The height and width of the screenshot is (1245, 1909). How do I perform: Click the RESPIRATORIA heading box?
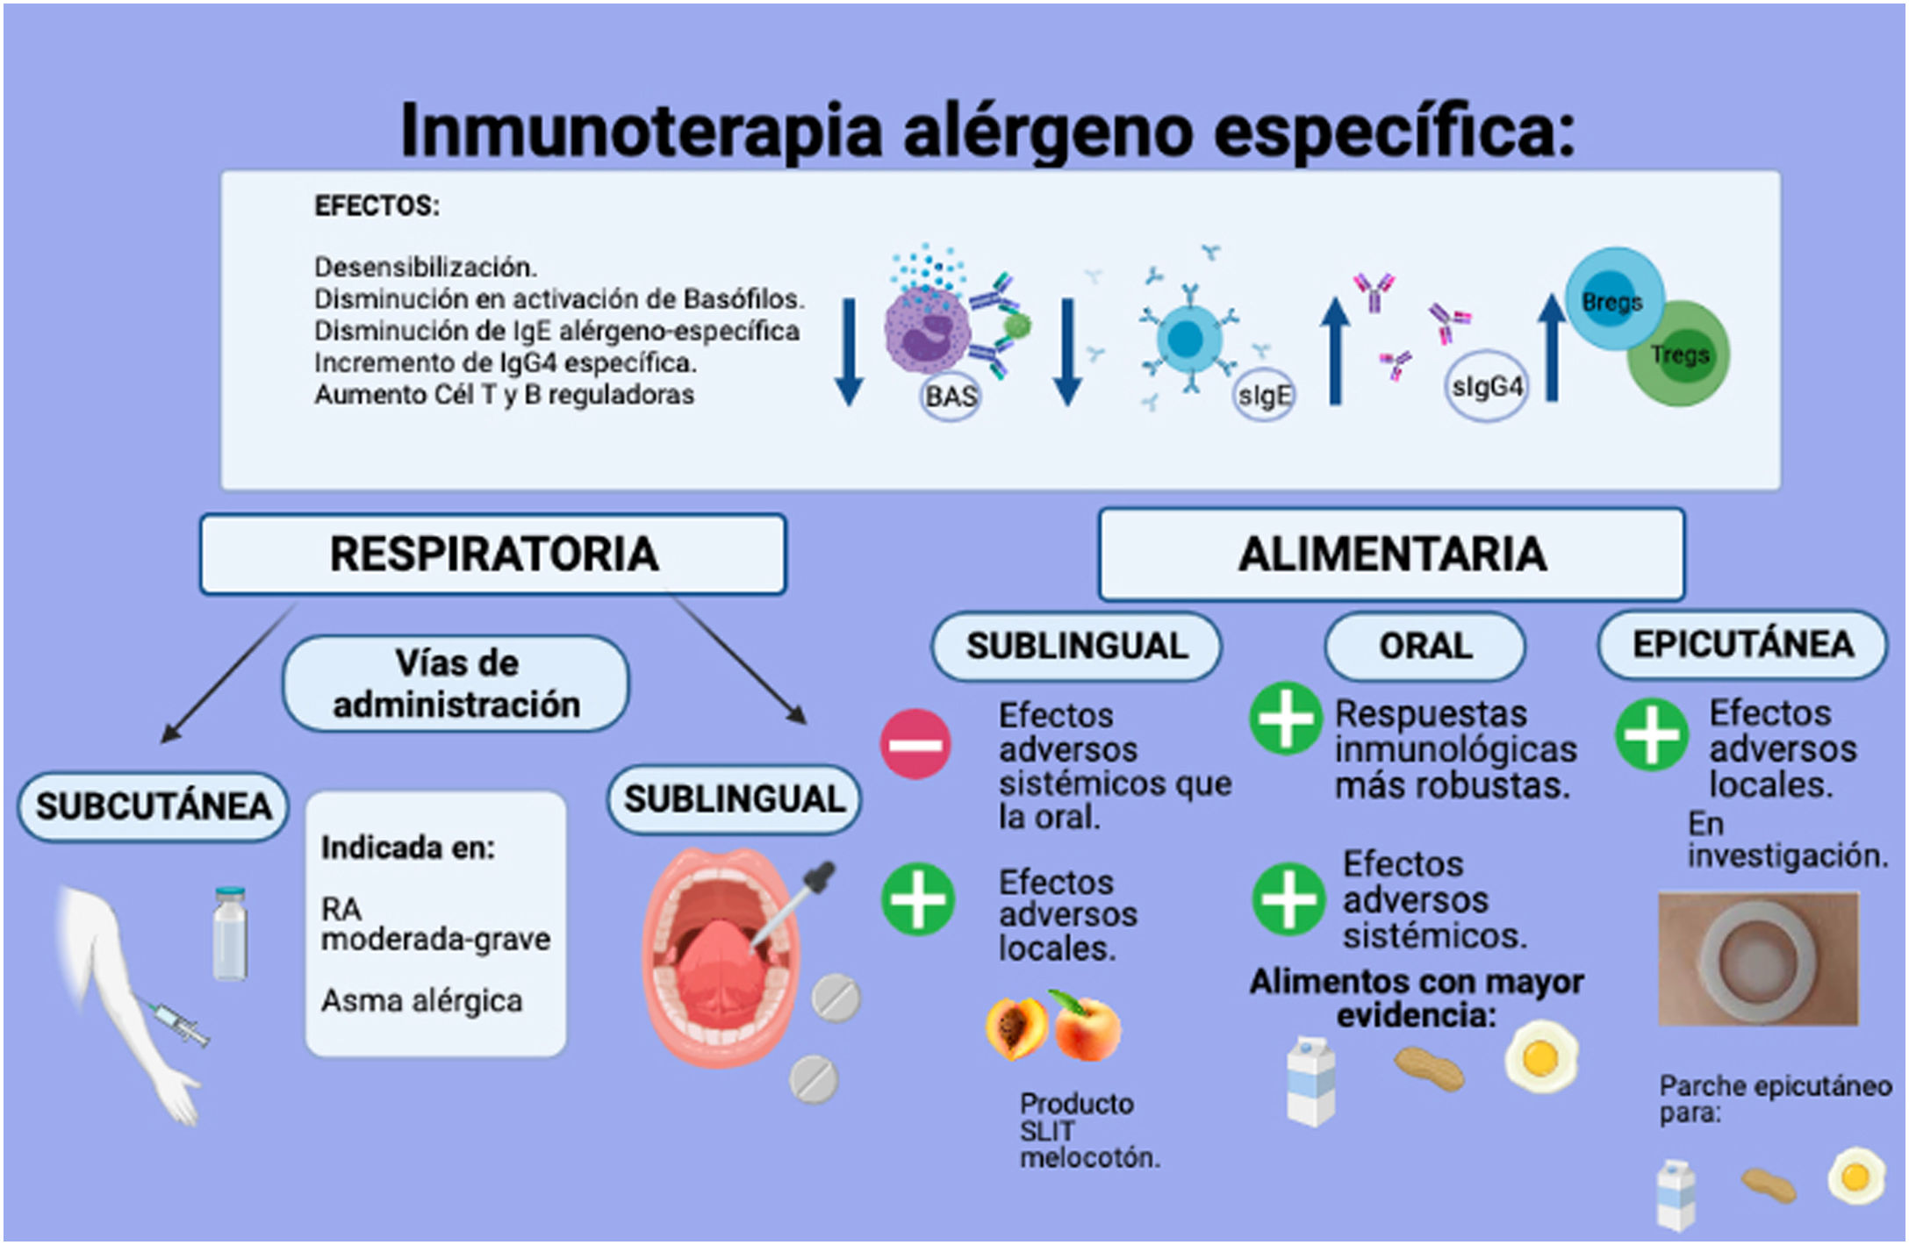[493, 555]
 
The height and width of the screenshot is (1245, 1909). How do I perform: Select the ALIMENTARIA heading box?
[1391, 555]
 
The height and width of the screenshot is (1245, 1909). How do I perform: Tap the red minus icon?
[915, 744]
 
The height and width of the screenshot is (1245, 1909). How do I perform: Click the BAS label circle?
[951, 397]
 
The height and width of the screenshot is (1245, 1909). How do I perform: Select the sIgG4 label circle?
[1486, 387]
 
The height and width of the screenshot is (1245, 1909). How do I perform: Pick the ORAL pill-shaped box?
[1425, 647]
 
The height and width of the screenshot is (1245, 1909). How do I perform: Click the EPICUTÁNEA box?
[1742, 645]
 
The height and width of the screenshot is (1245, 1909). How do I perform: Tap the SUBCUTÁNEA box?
[154, 806]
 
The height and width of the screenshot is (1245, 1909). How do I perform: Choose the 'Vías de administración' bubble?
[456, 684]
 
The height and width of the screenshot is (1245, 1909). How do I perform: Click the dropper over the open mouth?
[794, 904]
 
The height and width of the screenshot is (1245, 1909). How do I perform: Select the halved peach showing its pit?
[1016, 1027]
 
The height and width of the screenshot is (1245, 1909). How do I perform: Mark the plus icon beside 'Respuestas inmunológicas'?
[1286, 719]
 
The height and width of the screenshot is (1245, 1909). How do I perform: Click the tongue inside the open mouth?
[720, 974]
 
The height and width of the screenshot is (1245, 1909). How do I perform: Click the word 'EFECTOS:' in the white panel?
[377, 206]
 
